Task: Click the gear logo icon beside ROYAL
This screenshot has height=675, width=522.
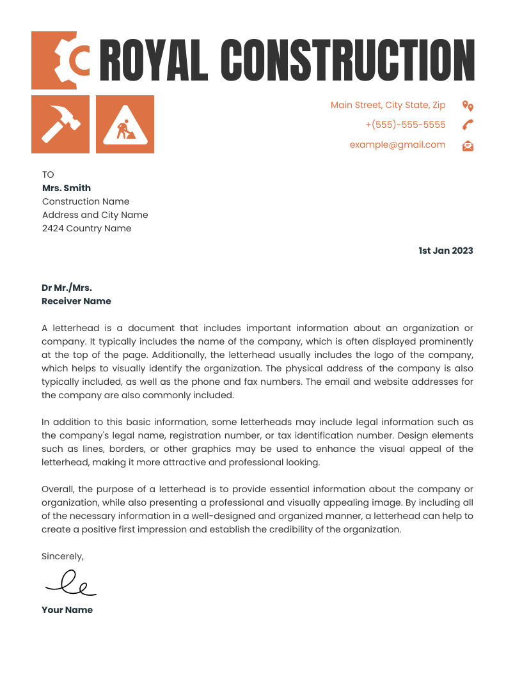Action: coord(62,59)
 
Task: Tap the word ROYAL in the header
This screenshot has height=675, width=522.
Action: coord(154,60)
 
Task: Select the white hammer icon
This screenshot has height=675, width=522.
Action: coord(60,124)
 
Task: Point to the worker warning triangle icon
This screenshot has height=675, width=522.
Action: coord(125,125)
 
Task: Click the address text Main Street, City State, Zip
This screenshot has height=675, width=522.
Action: coord(388,105)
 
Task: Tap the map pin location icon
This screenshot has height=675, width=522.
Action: coord(468,105)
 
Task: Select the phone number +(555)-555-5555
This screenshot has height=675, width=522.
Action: coord(406,125)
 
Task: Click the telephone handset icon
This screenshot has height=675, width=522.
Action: coord(468,125)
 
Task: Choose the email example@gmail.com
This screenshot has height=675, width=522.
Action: coord(397,144)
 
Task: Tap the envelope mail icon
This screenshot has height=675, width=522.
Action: coord(468,146)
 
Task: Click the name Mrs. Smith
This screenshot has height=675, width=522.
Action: coord(67,188)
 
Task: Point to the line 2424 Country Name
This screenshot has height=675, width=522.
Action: coord(86,228)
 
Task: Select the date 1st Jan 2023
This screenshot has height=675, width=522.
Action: coord(445,251)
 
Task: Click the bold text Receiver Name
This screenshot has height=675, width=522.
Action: coord(76,301)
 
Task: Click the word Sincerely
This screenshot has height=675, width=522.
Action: coord(62,556)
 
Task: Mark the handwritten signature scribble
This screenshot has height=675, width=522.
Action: coord(70,582)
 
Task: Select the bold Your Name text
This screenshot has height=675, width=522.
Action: coord(67,610)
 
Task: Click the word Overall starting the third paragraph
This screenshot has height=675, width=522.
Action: coord(58,489)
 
